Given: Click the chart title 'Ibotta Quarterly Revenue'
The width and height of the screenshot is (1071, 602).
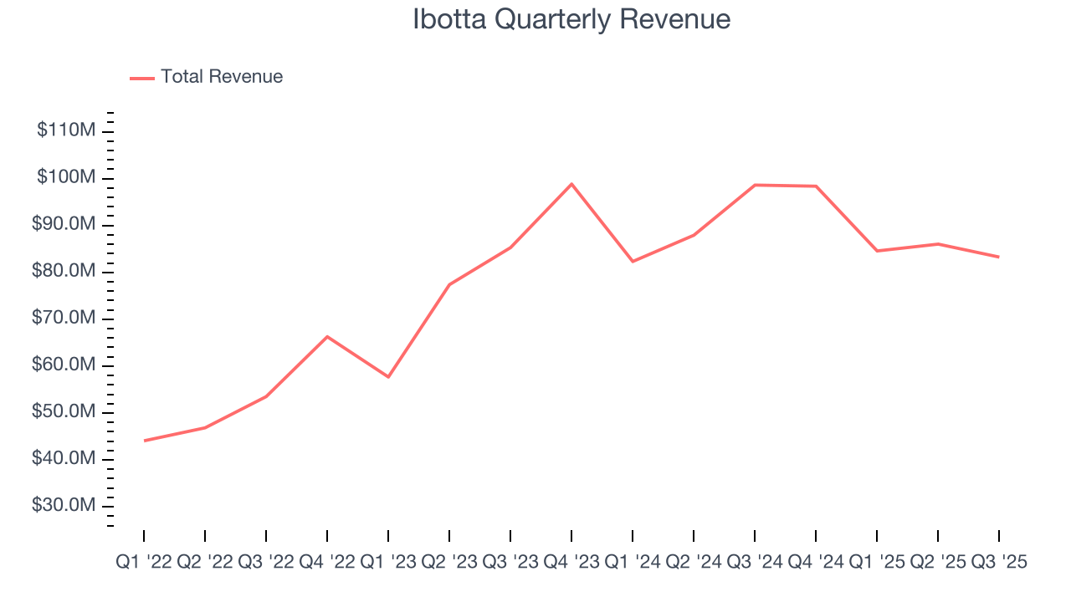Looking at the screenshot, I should pyautogui.click(x=571, y=19).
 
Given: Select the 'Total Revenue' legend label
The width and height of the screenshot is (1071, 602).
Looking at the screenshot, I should pyautogui.click(x=222, y=77).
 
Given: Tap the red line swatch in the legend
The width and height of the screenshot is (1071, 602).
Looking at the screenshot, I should pyautogui.click(x=142, y=78).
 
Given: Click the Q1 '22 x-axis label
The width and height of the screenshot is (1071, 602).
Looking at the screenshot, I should pyautogui.click(x=143, y=563).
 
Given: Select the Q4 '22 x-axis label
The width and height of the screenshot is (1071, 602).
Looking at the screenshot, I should pyautogui.click(x=327, y=563).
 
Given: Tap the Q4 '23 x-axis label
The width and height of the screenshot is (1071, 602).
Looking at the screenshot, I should pyautogui.click(x=571, y=563).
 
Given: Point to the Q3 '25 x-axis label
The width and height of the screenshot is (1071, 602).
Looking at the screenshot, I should pyautogui.click(x=998, y=563).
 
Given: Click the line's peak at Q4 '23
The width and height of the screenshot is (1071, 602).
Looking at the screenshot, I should pyautogui.click(x=571, y=184).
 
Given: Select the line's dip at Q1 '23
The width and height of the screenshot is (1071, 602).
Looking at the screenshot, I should pyautogui.click(x=388, y=377).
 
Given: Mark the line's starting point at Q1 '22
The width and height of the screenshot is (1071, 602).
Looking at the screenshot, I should pyautogui.click(x=144, y=441).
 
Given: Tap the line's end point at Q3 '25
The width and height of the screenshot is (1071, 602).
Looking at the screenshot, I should pyautogui.click(x=999, y=257).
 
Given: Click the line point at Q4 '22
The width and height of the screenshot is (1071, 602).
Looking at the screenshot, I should pyautogui.click(x=327, y=336).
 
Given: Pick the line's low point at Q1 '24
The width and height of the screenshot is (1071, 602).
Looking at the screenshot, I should pyautogui.click(x=633, y=262).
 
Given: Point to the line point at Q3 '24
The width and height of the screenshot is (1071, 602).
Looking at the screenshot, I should pyautogui.click(x=755, y=185).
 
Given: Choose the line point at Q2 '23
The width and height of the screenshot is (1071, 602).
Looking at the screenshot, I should pyautogui.click(x=449, y=284).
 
